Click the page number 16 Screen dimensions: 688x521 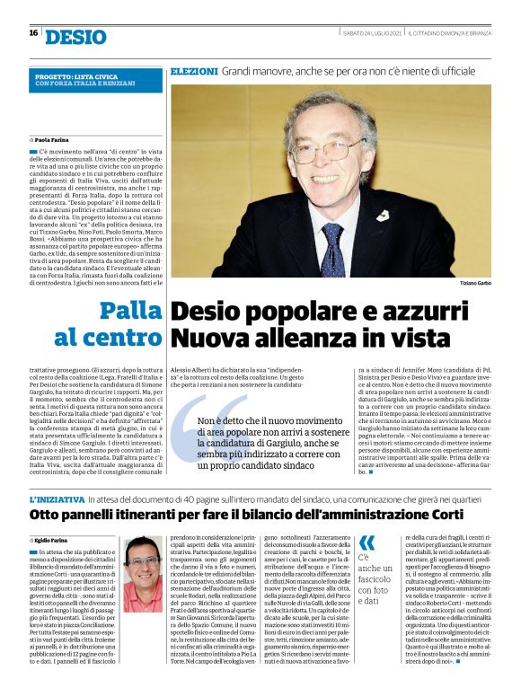coord(33,34)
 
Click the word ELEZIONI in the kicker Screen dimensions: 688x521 coord(193,70)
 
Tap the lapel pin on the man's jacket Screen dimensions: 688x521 coord(383,216)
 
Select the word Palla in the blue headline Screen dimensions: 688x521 coord(131,312)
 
